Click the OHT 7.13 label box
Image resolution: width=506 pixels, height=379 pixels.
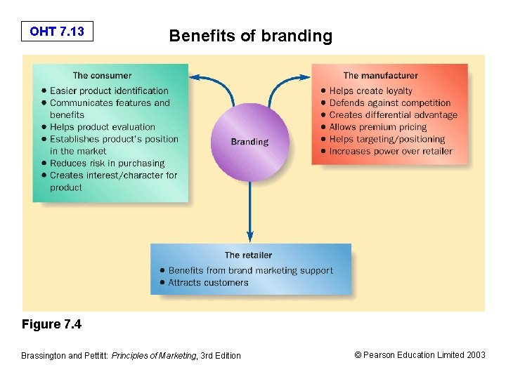click(x=57, y=31)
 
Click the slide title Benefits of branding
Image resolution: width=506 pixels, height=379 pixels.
click(x=250, y=36)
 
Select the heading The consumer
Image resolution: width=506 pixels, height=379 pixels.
click(x=102, y=75)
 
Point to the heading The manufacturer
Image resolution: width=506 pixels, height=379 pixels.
click(x=380, y=75)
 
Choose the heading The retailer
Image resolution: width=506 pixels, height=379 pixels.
click(x=248, y=255)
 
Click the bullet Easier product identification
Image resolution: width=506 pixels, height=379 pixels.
click(x=109, y=91)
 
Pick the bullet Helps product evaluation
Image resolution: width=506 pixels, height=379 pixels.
click(x=102, y=127)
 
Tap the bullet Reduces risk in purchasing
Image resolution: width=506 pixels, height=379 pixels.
click(x=107, y=164)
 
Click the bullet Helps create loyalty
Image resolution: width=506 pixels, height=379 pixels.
click(x=370, y=91)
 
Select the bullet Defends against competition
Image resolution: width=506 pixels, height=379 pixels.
click(x=389, y=102)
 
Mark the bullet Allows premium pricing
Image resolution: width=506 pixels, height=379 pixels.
click(x=377, y=127)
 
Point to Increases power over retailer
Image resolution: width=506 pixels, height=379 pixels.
click(x=391, y=151)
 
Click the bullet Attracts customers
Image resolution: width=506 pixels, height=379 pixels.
click(x=208, y=282)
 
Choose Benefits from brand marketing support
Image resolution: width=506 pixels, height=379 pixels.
click(x=250, y=270)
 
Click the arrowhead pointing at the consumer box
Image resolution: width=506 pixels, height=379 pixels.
click(x=195, y=77)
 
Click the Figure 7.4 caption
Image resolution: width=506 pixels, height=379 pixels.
click(x=51, y=324)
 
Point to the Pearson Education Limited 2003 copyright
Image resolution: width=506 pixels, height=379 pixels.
click(x=420, y=355)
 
